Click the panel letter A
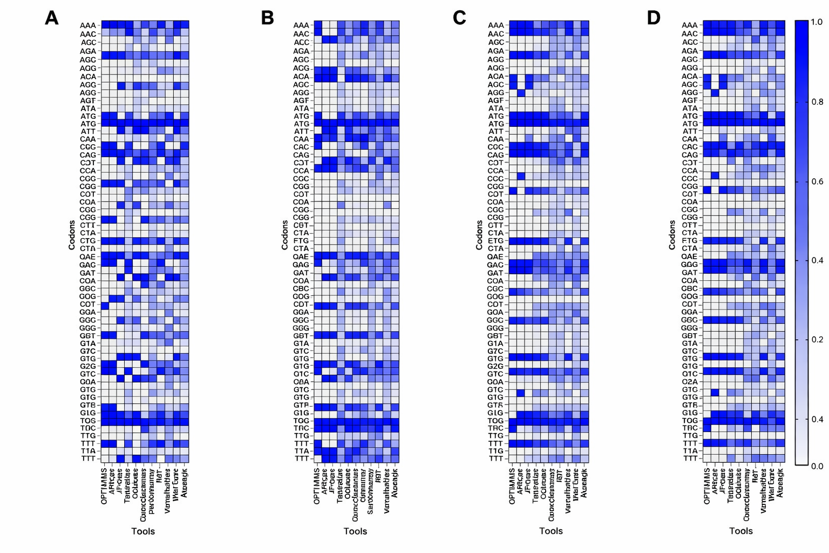tap(51, 18)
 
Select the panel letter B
tap(267, 18)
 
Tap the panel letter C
tap(459, 18)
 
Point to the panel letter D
tap(653, 18)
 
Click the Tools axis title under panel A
tap(143, 531)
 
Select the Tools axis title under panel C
tap(551, 531)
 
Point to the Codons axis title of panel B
tap(284, 235)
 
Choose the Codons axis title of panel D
tap(672, 235)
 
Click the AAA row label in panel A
tap(88, 25)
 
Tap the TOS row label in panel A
tap(88, 421)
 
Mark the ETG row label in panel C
tap(495, 241)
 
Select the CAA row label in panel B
tap(301, 139)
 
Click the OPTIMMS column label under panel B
tap(317, 486)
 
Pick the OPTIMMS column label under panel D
tap(707, 486)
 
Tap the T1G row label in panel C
tap(495, 451)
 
